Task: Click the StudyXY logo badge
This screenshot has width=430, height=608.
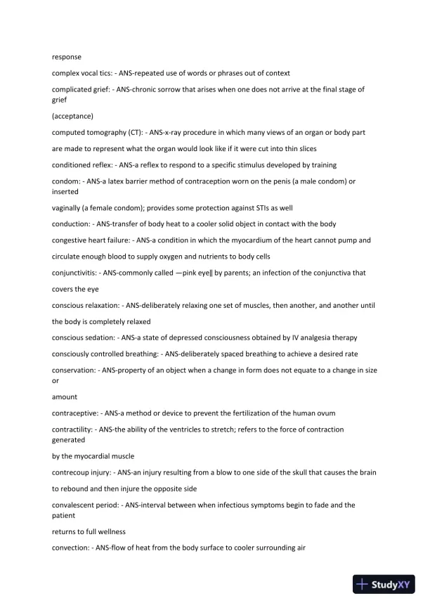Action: [386, 584]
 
